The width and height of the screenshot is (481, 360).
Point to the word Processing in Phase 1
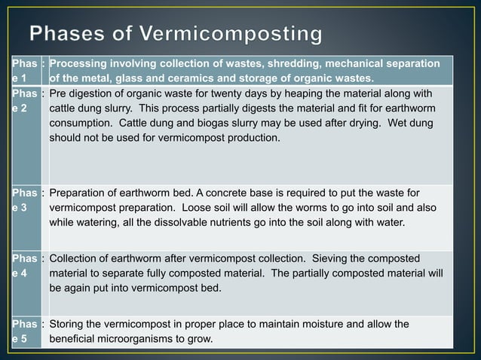[78, 64]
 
